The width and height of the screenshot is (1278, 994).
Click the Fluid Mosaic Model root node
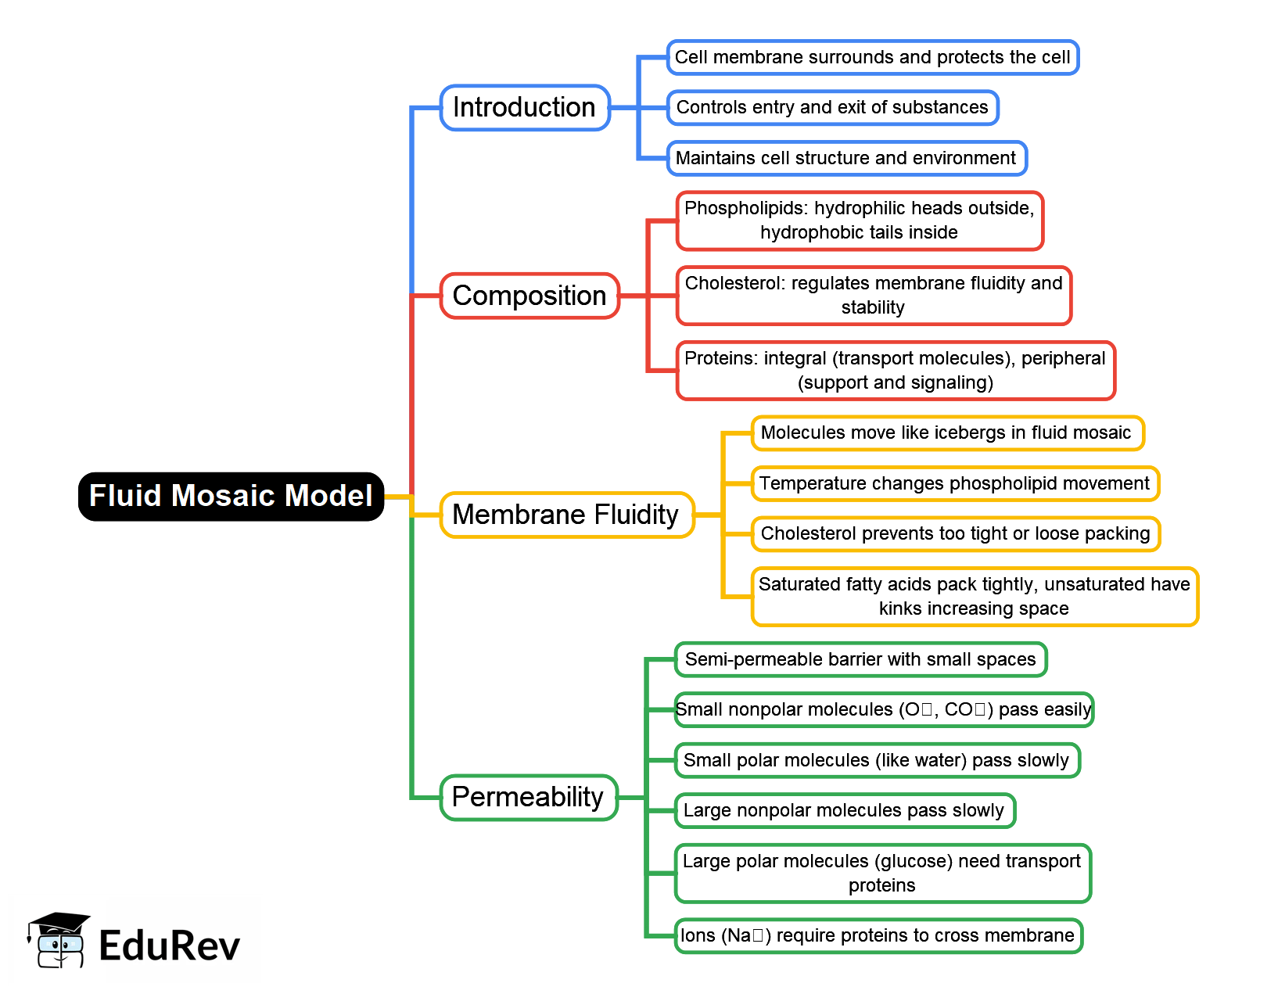pos(231,497)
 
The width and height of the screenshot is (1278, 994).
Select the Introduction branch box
pos(524,108)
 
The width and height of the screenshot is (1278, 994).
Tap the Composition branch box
pos(530,296)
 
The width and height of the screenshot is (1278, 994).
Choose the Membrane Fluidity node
pos(566,515)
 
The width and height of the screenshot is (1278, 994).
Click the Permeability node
pos(528,797)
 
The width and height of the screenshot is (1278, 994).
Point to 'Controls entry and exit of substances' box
pos(832,108)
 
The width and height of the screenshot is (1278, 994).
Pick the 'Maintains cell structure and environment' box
pos(845,158)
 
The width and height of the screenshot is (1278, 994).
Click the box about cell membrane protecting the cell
pos(872,58)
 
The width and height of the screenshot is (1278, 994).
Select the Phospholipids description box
pos(859,221)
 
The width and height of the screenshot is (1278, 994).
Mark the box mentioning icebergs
pos(946,433)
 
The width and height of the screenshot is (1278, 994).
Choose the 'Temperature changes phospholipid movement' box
pos(954,483)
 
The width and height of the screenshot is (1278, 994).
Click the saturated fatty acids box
pos(974,597)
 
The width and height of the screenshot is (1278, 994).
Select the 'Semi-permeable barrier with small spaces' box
pos(860,659)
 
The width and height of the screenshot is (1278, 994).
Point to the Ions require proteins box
pos(878,935)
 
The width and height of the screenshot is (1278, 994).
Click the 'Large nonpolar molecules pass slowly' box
pos(844,810)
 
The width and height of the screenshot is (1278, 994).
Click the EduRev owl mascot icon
pos(59,940)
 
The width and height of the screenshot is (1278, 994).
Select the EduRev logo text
pos(169,946)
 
